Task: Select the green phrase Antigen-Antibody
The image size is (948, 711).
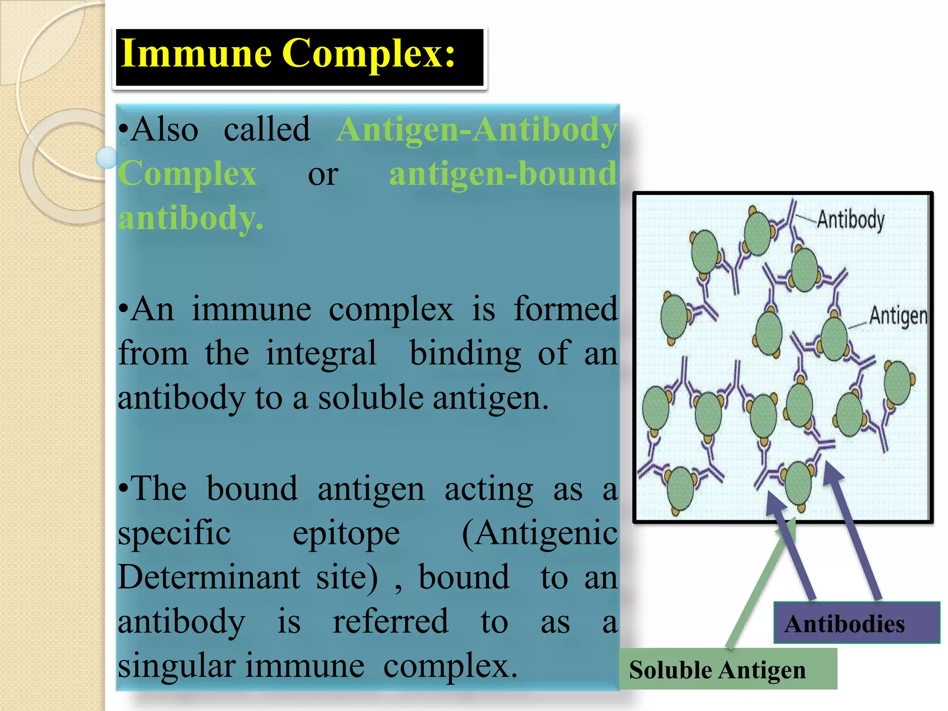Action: pos(477,130)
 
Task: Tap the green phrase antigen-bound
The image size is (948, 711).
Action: pos(503,174)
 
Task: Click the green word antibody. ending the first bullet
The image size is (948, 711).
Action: pos(190,218)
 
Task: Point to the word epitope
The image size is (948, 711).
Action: pos(346,533)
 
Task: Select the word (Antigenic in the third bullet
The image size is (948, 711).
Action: pos(539,533)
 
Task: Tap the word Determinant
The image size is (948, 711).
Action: pos(209,577)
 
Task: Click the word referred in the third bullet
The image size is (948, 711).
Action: pos(390,621)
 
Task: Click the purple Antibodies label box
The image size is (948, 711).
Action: pos(856,623)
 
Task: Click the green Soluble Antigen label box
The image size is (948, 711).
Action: pos(728,669)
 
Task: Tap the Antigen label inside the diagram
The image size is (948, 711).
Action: pos(898,316)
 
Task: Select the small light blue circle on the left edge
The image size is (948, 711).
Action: pos(107,157)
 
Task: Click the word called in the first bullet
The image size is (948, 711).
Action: pos(267,130)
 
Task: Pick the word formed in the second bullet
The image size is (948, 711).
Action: pos(565,309)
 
